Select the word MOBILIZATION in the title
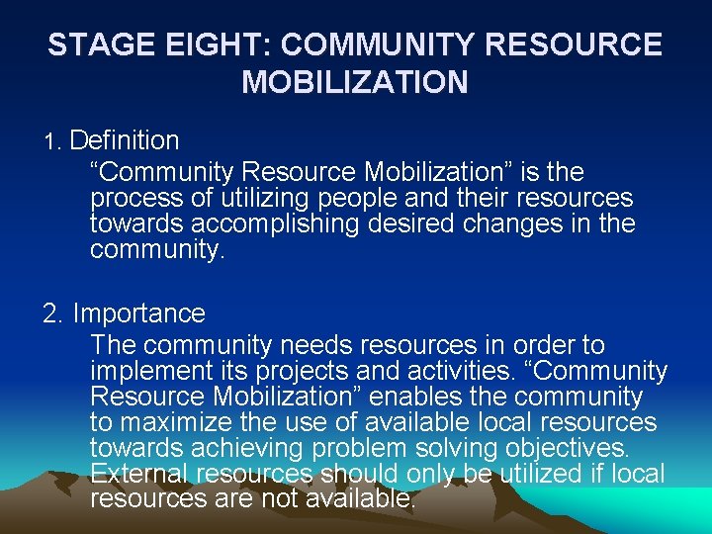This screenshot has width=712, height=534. click(x=355, y=82)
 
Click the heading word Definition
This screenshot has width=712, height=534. click(x=125, y=141)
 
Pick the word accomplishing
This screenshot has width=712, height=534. click(x=278, y=223)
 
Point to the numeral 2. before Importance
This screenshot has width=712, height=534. click(x=54, y=314)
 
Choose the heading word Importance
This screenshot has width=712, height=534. click(x=138, y=314)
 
